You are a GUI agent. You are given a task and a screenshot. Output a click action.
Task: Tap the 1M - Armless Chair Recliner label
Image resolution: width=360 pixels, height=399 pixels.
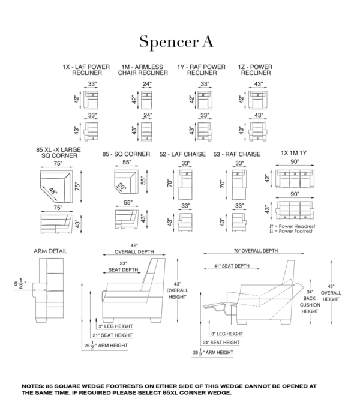pos(143,70)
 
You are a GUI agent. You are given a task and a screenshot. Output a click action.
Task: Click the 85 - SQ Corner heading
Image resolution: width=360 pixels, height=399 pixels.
pos(126,154)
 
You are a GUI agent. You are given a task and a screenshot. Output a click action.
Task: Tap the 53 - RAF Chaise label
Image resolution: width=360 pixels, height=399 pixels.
pos(238,154)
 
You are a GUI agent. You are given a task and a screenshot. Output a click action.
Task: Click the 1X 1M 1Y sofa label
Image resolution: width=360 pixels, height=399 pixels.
pos(293,154)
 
